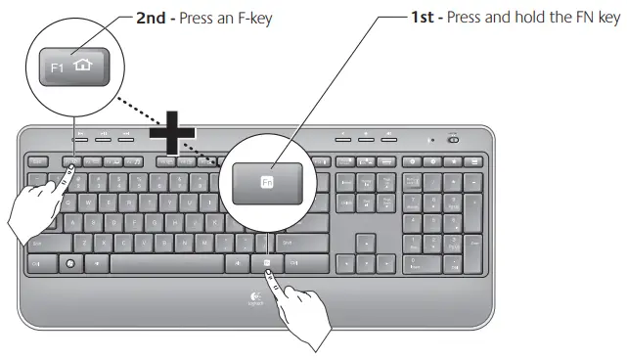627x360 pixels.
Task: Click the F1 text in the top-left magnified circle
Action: [x=57, y=71]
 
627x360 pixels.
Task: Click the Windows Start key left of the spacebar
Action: [x=69, y=263]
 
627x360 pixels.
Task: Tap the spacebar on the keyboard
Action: [x=166, y=263]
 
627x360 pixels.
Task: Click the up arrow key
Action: [x=365, y=241]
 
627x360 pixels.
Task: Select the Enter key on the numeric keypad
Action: [x=473, y=251]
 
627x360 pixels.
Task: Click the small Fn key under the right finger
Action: [x=266, y=263]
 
